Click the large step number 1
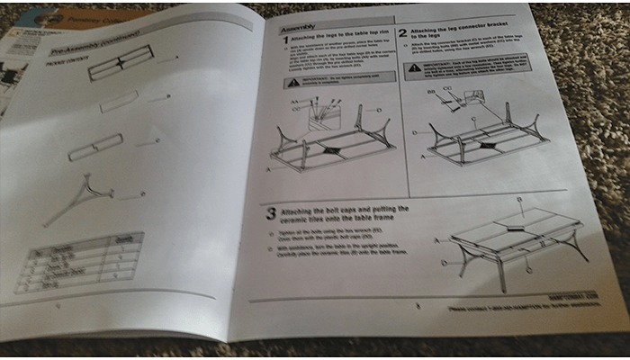click(x=284, y=40)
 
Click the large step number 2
click(x=402, y=34)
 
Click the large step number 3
click(x=270, y=214)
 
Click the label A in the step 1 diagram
click(x=269, y=169)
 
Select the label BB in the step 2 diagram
click(x=431, y=92)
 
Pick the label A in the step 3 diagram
click(x=436, y=241)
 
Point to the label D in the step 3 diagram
click(x=444, y=263)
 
